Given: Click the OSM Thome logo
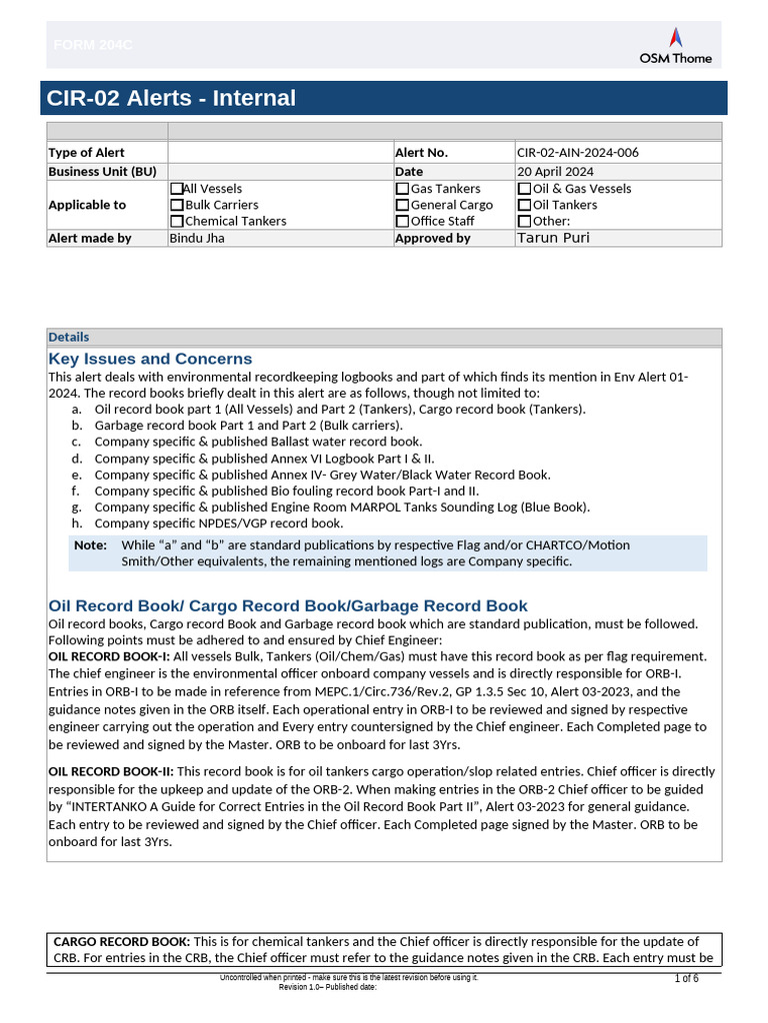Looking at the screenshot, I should pyautogui.click(x=676, y=46).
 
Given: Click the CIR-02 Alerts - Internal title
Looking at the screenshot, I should pyautogui.click(x=171, y=98).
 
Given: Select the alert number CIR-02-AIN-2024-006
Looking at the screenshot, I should pyautogui.click(x=577, y=153).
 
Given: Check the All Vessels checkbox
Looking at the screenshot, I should pyautogui.click(x=177, y=189).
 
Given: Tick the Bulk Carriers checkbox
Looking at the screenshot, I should pyautogui.click(x=177, y=205).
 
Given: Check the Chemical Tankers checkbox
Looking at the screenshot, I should pyautogui.click(x=177, y=221).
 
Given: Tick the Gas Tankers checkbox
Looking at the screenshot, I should pyautogui.click(x=402, y=189).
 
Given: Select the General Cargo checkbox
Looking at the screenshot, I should pyautogui.click(x=402, y=205).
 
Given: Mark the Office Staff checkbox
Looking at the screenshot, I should pyautogui.click(x=402, y=221).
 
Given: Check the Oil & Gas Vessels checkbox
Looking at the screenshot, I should pyautogui.click(x=524, y=189).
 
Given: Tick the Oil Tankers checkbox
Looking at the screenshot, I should pyautogui.click(x=524, y=205).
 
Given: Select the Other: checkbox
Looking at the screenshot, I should pyautogui.click(x=524, y=221).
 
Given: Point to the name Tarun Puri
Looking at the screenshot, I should pyautogui.click(x=553, y=238).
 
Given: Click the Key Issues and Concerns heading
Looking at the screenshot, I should pyautogui.click(x=150, y=359).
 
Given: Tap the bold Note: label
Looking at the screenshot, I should pyautogui.click(x=90, y=545).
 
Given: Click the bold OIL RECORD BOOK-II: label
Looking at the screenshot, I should pyautogui.click(x=111, y=771).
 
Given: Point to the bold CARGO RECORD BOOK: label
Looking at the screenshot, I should pyautogui.click(x=121, y=941).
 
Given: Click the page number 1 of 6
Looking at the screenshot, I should pyautogui.click(x=686, y=978).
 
